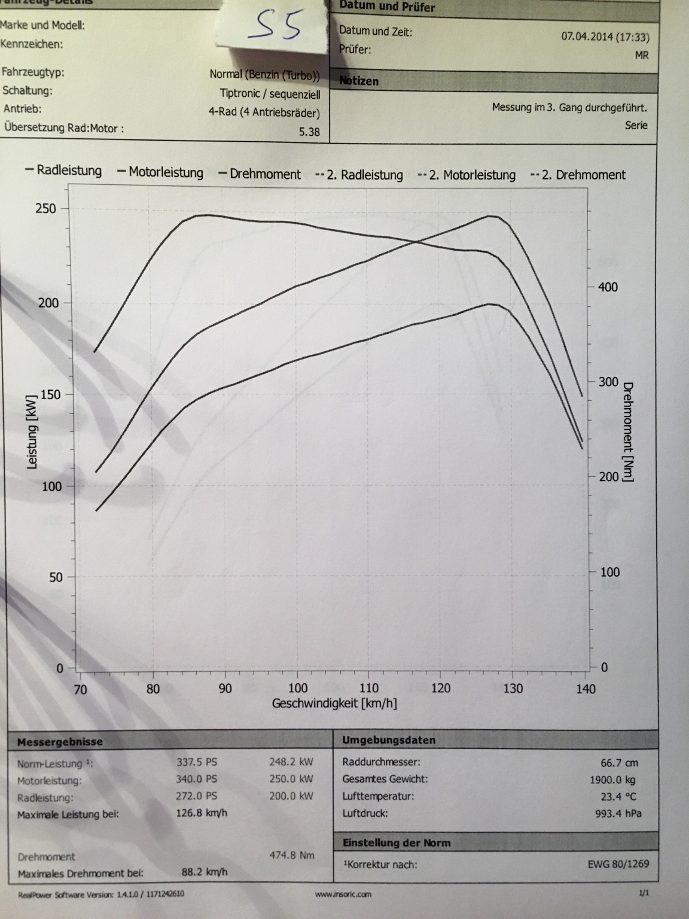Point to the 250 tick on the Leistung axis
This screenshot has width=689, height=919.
47,209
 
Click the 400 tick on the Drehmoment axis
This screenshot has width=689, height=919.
608,287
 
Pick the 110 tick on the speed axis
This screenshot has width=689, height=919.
369,688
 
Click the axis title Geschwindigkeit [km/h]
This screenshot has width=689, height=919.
334,704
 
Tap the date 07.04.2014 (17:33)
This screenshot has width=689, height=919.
605,36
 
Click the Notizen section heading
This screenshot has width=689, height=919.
359,81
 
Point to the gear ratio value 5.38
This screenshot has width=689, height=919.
309,132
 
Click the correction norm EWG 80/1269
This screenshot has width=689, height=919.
618,864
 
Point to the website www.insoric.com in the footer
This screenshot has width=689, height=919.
343,894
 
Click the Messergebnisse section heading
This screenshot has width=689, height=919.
60,742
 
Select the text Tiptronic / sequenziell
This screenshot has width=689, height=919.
270,94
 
